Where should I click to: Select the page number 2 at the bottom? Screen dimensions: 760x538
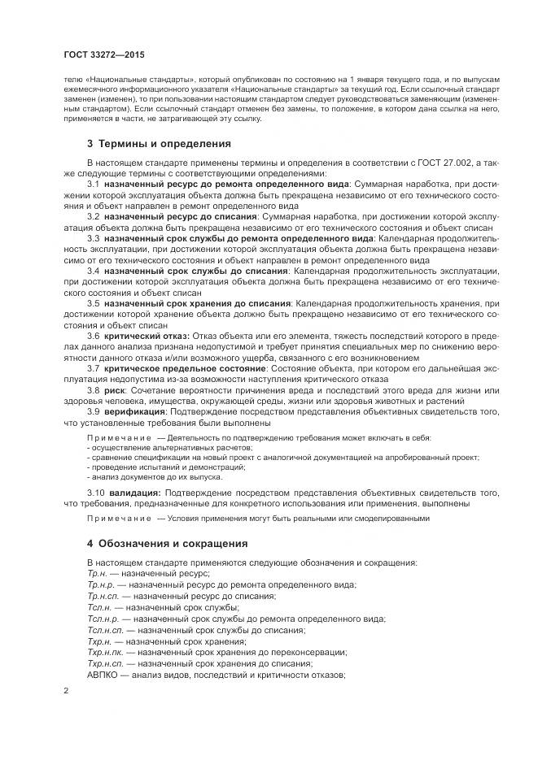coord(66,689)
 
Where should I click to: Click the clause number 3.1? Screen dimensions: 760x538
coord(94,185)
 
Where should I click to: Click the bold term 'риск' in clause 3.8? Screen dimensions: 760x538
coord(115,390)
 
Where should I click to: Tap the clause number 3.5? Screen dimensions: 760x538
coord(94,303)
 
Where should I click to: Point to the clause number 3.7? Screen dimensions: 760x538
coord(94,368)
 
